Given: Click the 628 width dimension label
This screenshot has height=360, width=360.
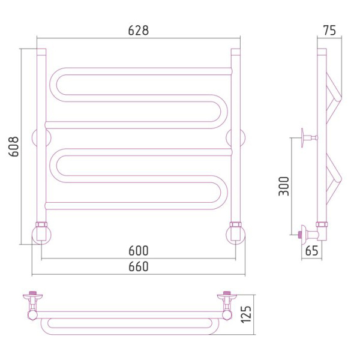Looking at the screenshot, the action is coord(139,31).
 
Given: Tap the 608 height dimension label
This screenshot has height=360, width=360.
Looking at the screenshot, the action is coord(14,146).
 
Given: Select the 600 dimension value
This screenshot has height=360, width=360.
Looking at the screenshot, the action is coord(139,250).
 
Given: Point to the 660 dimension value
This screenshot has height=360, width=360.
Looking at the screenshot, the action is coord(139,266).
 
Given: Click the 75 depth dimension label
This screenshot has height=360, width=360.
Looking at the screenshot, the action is coord(329,31).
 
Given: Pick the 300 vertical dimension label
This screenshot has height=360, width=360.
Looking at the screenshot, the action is coord(284,186).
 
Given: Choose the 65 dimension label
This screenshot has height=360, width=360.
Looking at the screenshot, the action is coord(312,250).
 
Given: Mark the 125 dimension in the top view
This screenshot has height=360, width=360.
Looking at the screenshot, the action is coord(246,314).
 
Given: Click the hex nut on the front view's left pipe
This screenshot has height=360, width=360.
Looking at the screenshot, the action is coord(41,224).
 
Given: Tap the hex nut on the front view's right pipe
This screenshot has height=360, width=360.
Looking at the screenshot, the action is coord(236,224).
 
